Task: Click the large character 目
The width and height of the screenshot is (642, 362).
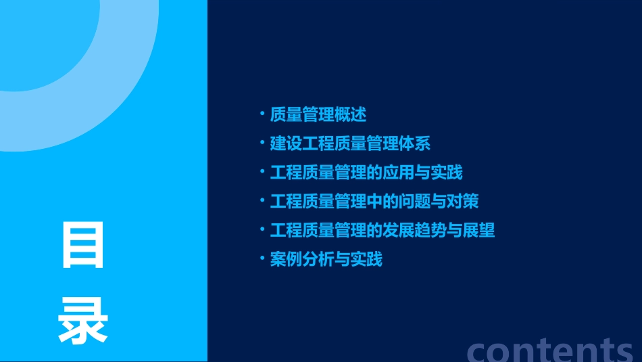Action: point(83,244)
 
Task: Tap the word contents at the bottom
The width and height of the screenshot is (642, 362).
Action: point(550,350)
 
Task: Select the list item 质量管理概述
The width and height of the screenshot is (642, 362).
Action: point(318,114)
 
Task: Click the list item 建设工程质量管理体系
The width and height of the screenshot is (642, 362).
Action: point(350,143)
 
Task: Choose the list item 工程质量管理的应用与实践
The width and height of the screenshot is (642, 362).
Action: point(366,172)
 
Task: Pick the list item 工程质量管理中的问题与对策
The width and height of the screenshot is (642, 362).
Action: point(374,201)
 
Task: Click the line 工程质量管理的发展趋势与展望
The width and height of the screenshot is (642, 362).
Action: point(382,230)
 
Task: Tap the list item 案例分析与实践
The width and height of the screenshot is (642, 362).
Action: point(326,259)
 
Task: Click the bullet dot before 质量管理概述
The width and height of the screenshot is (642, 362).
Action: point(262,114)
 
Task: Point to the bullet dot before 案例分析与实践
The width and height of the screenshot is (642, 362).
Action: point(262,258)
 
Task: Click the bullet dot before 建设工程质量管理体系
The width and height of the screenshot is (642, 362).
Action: point(262,143)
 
